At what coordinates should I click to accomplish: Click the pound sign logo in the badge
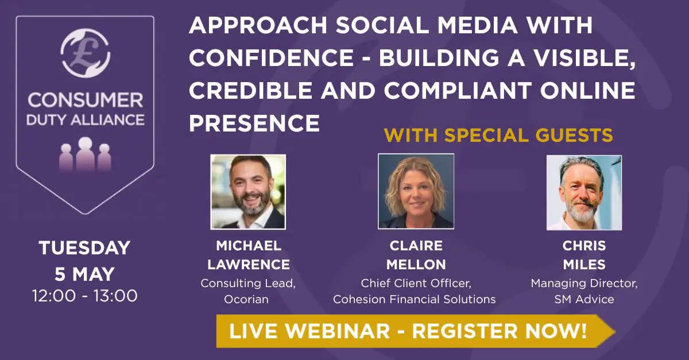(x=84, y=53)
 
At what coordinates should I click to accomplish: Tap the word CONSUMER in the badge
(x=85, y=100)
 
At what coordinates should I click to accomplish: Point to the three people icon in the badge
(x=85, y=154)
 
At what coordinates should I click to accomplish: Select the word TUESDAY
(x=84, y=249)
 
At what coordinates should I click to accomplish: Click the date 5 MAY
(x=84, y=274)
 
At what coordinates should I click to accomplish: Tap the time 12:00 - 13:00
(x=84, y=296)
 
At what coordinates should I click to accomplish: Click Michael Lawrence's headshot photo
(x=248, y=192)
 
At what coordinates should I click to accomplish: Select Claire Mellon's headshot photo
(x=416, y=191)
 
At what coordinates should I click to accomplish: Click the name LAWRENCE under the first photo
(x=249, y=265)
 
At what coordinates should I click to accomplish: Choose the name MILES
(x=584, y=265)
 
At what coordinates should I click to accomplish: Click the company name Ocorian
(x=249, y=299)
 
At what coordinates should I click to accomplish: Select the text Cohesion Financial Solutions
(x=415, y=299)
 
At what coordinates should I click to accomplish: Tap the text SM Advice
(x=584, y=299)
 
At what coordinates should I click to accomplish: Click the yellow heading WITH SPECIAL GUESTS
(x=498, y=136)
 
